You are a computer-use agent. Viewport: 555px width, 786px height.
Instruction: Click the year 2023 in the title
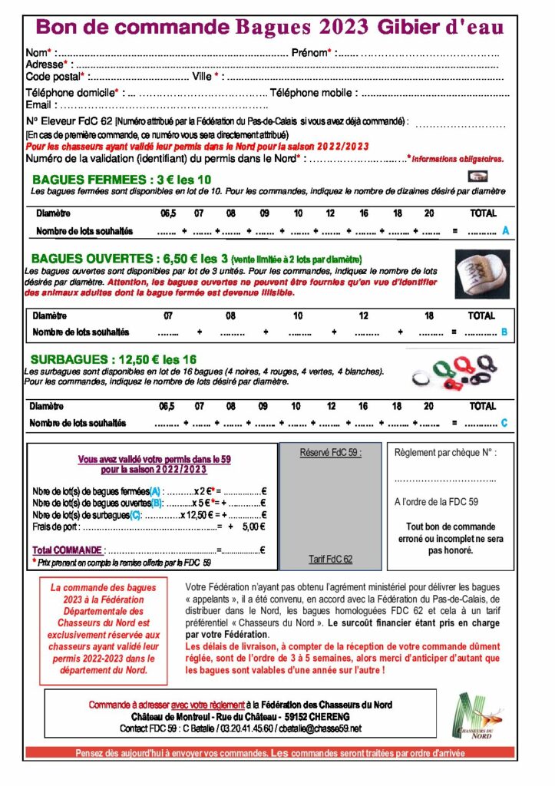coord(338,28)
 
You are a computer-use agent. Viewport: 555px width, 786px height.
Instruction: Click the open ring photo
coord(482,274)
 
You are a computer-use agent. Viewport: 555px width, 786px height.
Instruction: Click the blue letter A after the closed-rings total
coord(505,230)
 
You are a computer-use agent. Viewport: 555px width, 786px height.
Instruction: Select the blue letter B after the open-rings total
coord(504,332)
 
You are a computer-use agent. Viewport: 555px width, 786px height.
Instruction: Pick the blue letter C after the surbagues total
coord(504,423)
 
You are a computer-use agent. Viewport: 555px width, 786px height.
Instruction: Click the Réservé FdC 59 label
coord(331,453)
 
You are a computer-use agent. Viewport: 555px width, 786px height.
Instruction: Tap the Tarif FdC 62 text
coord(331,559)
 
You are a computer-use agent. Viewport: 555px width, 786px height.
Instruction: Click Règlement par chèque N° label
coord(445,453)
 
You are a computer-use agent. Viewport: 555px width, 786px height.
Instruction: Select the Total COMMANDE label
coord(67,550)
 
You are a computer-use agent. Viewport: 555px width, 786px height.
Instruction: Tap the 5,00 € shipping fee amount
coord(253,527)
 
